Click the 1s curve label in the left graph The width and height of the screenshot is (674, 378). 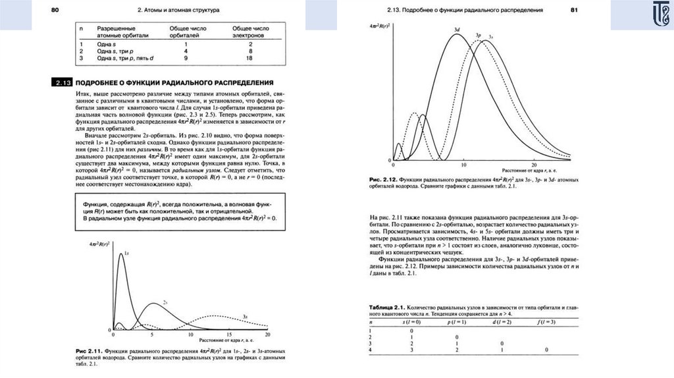126,254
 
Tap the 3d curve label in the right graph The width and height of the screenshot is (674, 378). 456,30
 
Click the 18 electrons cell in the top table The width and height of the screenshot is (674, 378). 249,58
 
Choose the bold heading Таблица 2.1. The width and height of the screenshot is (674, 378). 386,308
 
